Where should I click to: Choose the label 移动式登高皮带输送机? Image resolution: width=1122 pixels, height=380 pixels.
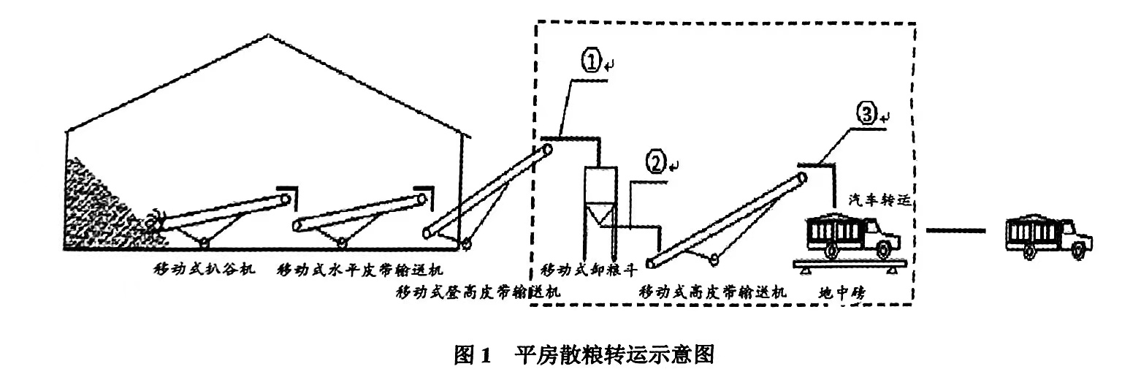click(478, 292)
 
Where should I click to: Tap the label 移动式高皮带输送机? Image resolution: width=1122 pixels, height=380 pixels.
click(713, 292)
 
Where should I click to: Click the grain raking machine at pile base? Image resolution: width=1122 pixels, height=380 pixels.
click(156, 220)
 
